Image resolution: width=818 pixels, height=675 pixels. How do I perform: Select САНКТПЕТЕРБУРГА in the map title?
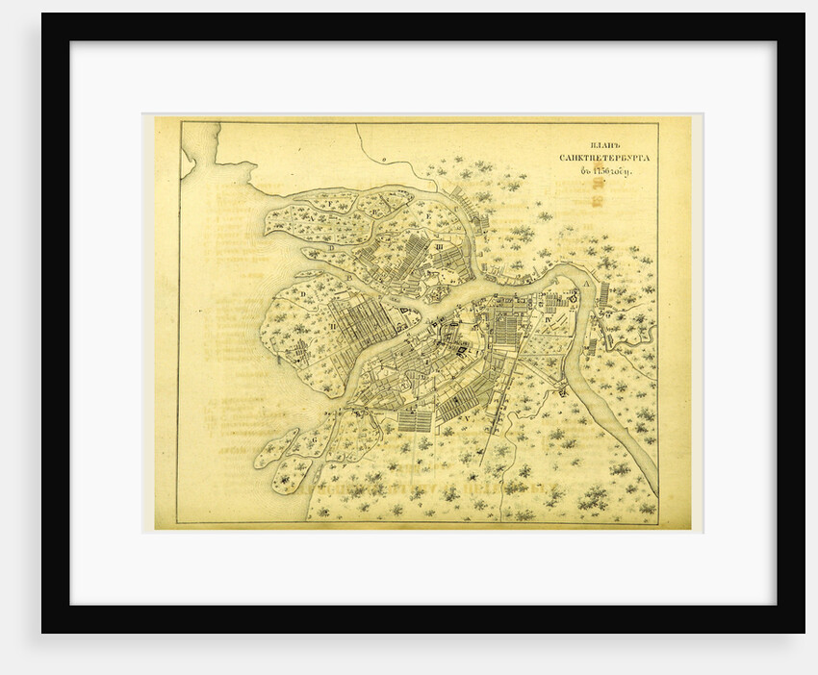click(x=601, y=156)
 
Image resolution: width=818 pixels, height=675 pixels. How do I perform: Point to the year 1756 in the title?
click(x=605, y=172)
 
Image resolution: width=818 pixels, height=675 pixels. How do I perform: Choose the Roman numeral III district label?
click(x=439, y=247)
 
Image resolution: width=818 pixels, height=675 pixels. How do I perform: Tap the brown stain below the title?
click(x=597, y=199)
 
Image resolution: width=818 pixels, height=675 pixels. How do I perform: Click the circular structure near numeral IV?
click(x=574, y=299)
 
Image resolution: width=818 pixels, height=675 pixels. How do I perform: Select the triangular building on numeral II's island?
click(x=396, y=312)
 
